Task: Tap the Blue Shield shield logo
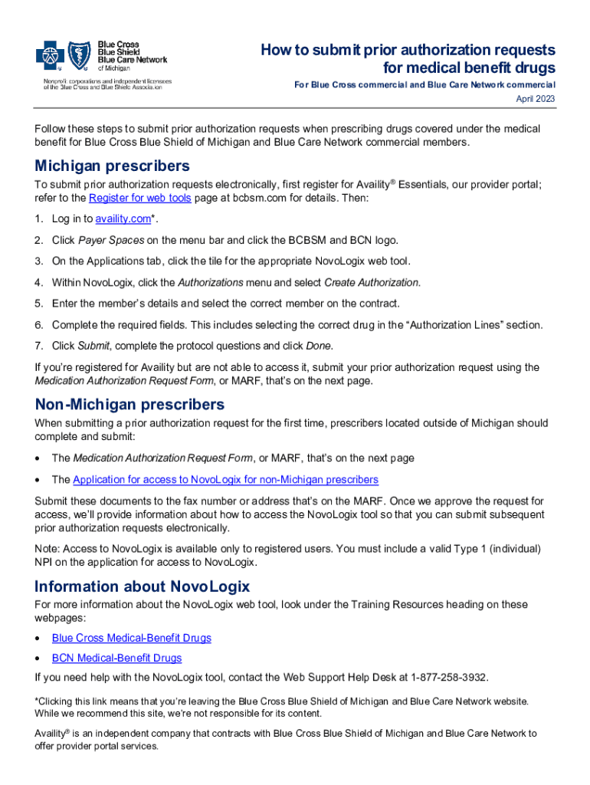(80, 54)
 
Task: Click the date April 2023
(536, 99)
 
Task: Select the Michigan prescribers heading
(112, 166)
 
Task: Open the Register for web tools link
(140, 198)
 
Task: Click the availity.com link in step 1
(123, 219)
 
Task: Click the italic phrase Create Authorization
(372, 282)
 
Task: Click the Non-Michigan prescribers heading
(129, 404)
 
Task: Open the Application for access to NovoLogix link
(225, 480)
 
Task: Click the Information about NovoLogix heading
(143, 586)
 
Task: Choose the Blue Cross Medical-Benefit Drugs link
(131, 638)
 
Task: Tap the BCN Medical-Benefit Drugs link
(116, 658)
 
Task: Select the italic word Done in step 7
(319, 346)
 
